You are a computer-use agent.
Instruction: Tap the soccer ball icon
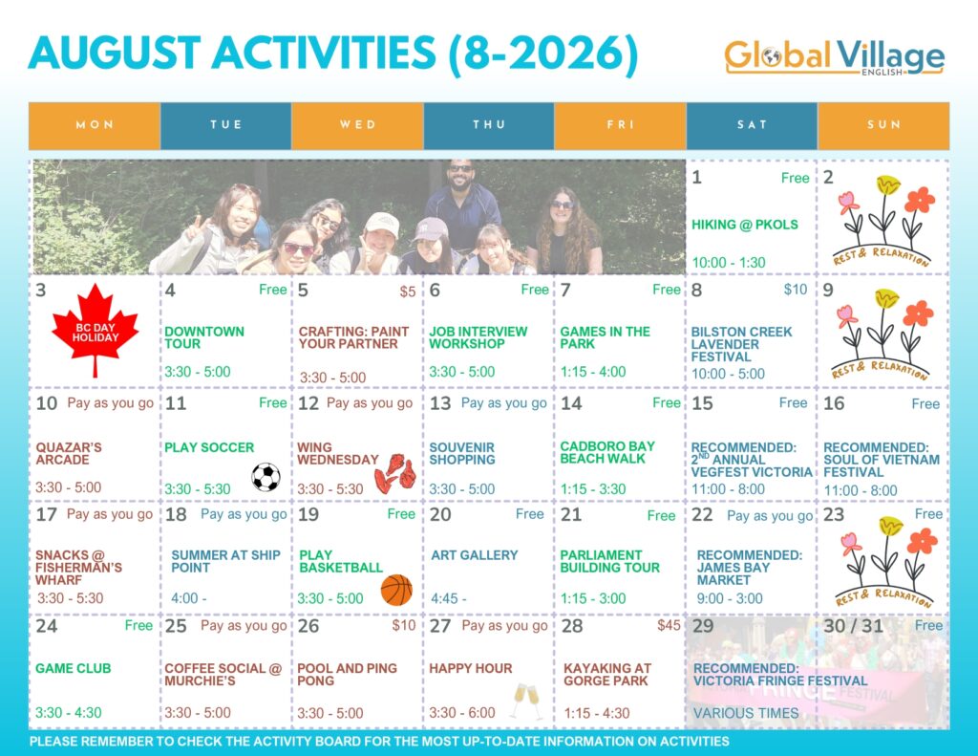point(266,478)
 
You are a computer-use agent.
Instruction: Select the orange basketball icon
point(396,590)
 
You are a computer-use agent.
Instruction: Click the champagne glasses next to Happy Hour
point(527,701)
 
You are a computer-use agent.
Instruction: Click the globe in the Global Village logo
point(772,56)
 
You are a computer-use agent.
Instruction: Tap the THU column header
point(489,125)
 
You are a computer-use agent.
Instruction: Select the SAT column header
point(752,125)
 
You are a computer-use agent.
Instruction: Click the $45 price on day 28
point(669,625)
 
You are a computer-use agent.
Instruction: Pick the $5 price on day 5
point(408,292)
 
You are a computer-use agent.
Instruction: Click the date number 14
point(571,403)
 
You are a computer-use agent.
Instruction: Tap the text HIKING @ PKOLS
point(745,225)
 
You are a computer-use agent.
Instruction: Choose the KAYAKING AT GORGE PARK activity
point(606,674)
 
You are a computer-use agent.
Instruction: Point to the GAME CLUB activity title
point(73,668)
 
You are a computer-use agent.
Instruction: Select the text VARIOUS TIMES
point(746,713)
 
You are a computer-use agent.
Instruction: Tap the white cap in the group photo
point(382,224)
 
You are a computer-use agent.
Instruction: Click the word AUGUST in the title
point(115,53)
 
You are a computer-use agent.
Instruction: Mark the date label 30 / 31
point(853,625)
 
